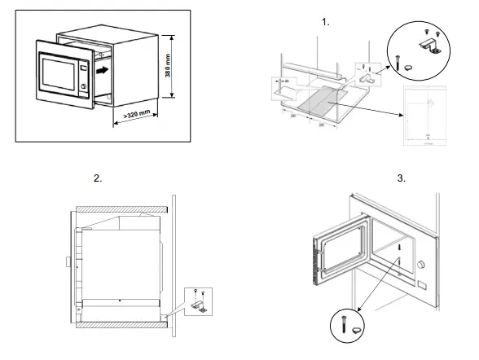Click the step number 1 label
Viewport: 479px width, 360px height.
pyautogui.click(x=327, y=22)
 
